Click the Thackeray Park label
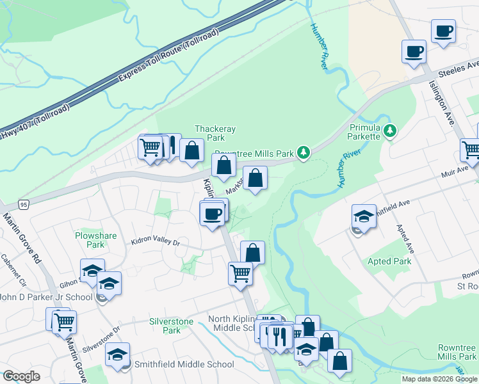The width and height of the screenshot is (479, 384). [x=216, y=133]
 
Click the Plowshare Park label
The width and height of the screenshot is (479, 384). [x=95, y=240]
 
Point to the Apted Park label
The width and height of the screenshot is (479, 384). [x=389, y=261]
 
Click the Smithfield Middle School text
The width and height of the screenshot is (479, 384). [x=184, y=365]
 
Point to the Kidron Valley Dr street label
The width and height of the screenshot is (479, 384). [x=156, y=243]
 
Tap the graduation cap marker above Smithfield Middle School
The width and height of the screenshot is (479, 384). [x=118, y=355]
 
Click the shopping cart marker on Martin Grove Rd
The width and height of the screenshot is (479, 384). [x=64, y=322]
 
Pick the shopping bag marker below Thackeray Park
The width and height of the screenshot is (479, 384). [x=192, y=150]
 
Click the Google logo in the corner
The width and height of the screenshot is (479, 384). [x=21, y=376]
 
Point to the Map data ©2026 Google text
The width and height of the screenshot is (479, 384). [x=439, y=379]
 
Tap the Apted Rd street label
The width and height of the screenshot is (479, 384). [x=404, y=236]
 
